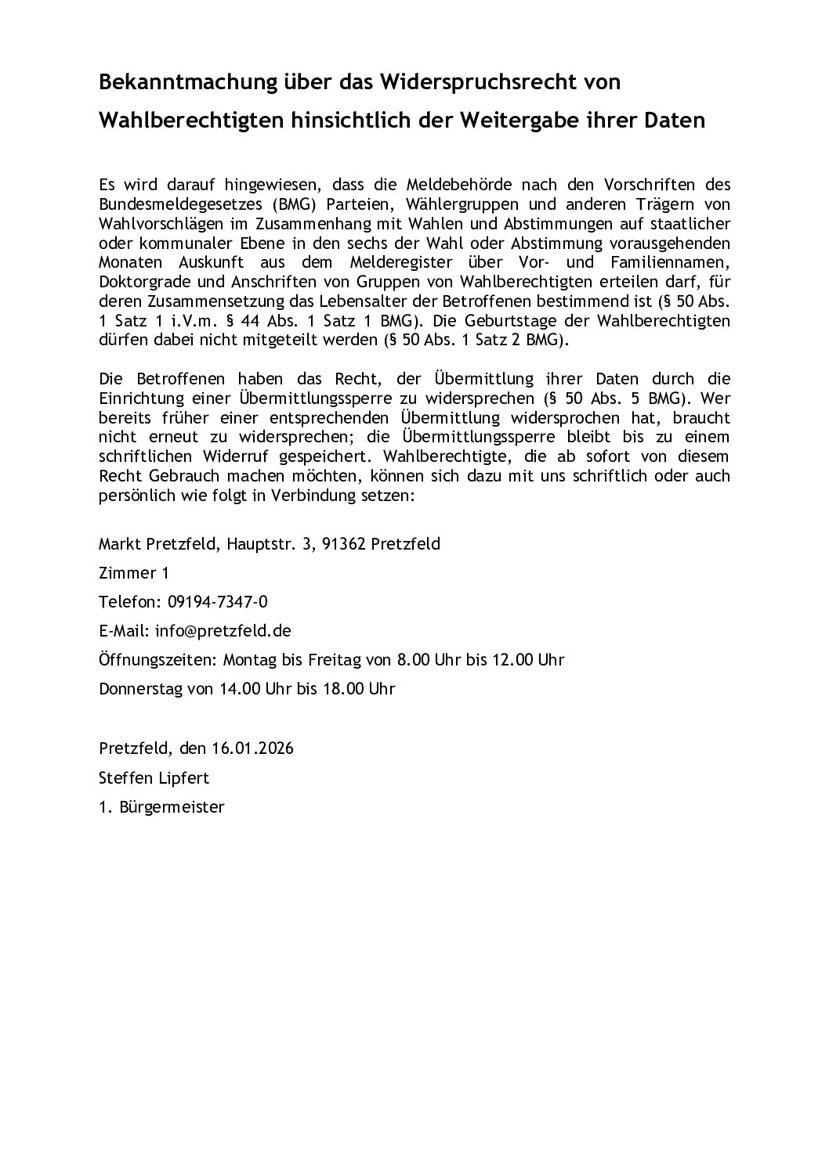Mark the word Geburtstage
coord(547,321)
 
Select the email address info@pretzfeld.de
coord(223,630)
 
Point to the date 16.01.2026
coord(252,748)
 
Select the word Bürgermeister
coord(172,807)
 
